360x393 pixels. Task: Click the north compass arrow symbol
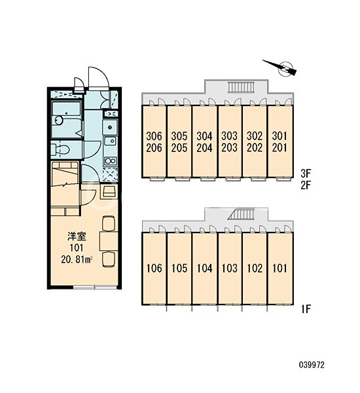(282, 67)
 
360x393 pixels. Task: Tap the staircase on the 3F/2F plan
(241, 88)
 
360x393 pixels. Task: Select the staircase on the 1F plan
(242, 214)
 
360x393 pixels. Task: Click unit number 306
(154, 136)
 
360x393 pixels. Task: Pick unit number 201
(279, 148)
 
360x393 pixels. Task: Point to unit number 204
(204, 148)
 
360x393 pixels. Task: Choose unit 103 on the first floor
(230, 268)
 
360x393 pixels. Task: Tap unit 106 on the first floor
(154, 268)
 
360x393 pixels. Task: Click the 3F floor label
(306, 173)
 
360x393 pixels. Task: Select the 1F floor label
(306, 310)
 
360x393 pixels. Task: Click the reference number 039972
(312, 365)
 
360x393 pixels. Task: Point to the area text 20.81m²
(77, 259)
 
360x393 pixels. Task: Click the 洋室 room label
(77, 236)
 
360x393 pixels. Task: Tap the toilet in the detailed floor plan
(60, 150)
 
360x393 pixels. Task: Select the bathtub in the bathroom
(67, 120)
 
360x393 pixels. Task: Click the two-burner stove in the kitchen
(110, 160)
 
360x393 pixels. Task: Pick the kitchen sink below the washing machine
(110, 141)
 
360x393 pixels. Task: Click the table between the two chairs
(109, 242)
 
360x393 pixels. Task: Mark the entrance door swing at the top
(98, 77)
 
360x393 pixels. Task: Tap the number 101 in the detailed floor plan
(77, 248)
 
